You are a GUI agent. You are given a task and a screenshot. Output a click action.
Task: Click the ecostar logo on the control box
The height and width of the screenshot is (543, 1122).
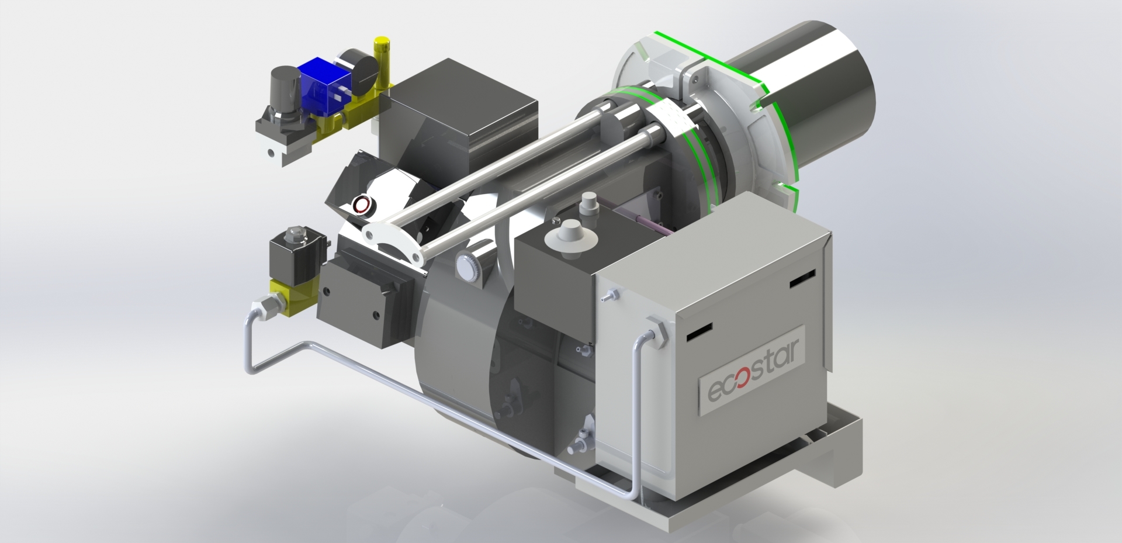[753, 372]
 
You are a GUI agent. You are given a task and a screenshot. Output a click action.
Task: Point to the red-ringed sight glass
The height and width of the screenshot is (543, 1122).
[363, 205]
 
